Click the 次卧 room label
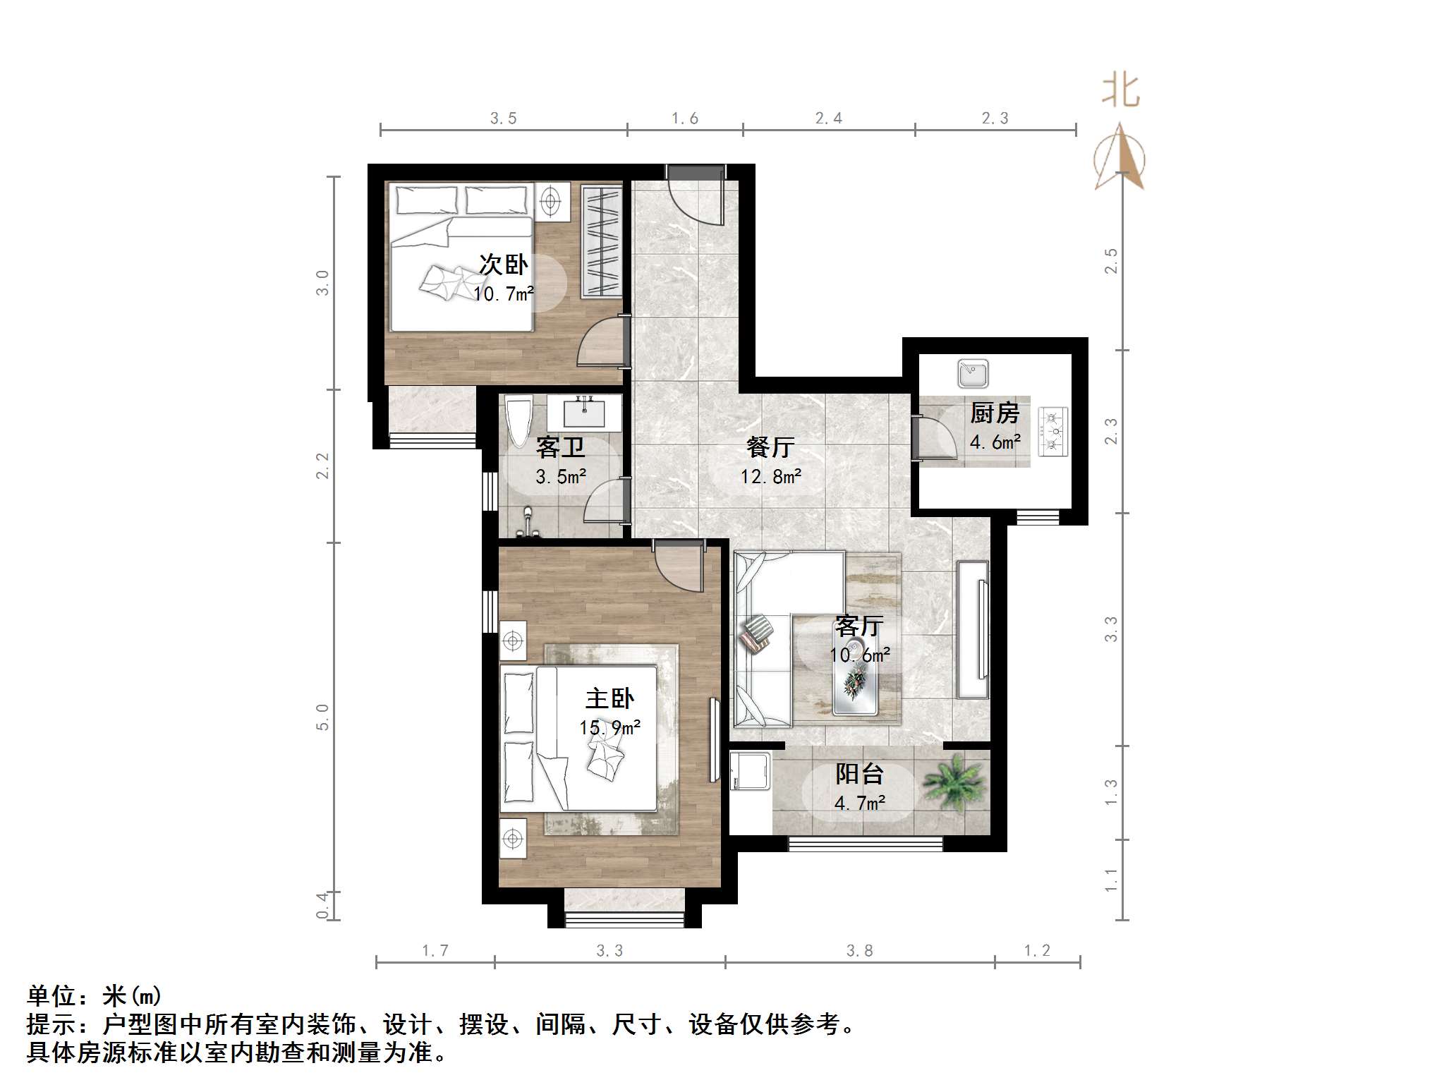tap(503, 265)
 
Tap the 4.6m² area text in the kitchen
tap(995, 442)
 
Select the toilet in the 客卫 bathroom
tap(518, 423)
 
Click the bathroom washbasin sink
tap(584, 413)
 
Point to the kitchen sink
tap(973, 373)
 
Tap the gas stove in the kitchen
tap(1053, 431)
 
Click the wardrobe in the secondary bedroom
tap(602, 241)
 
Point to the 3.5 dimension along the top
tap(504, 119)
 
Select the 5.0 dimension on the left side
tap(322, 717)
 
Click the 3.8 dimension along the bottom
tap(859, 951)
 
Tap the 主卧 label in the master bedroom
tap(609, 698)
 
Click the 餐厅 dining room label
tap(770, 447)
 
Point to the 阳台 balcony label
tap(859, 774)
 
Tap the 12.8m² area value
tap(770, 477)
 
